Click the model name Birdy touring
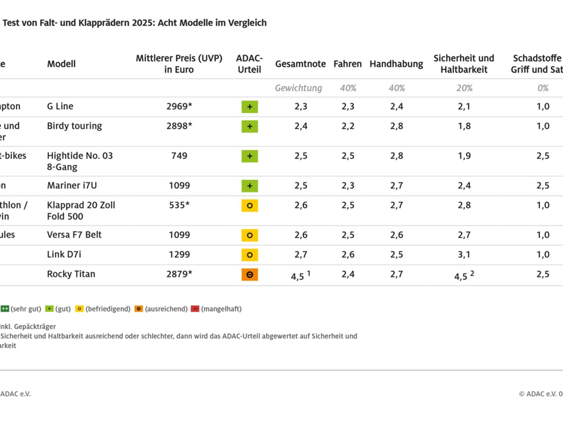(74, 126)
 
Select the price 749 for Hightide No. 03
(179, 156)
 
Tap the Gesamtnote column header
(300, 64)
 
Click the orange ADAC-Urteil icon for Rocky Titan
(250, 274)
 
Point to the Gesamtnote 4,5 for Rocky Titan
(297, 276)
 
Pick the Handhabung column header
(396, 64)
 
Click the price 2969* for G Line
(179, 107)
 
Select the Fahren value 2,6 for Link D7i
(348, 255)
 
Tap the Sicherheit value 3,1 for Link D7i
(464, 255)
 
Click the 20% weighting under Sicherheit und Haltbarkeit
(464, 88)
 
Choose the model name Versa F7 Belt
(74, 235)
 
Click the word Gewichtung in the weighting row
(298, 88)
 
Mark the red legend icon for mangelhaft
(195, 309)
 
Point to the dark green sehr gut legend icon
(5, 309)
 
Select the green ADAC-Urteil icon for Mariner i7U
(250, 186)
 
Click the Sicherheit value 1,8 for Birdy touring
(464, 126)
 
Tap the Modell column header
(61, 64)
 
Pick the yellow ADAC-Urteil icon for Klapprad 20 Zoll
(250, 205)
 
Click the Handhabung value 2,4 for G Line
(396, 107)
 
